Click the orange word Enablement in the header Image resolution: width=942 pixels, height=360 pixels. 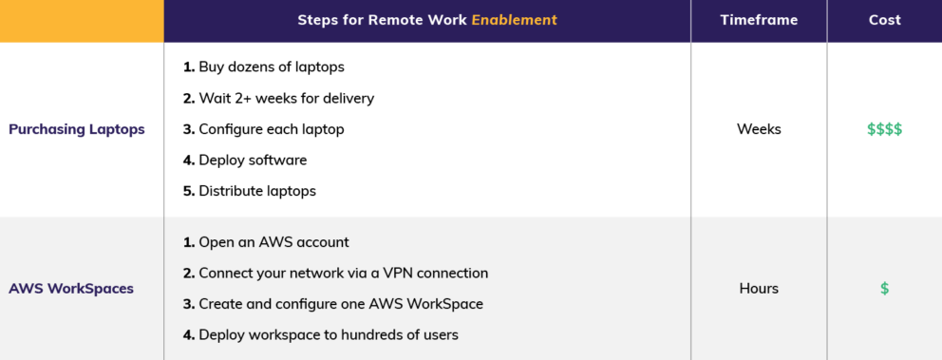coord(514,20)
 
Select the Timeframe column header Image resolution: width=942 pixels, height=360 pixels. coord(759,20)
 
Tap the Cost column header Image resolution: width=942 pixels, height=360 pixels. coord(884,20)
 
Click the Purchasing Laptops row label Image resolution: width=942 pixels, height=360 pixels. coord(77,129)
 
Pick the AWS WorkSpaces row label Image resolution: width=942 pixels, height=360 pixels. coord(71,288)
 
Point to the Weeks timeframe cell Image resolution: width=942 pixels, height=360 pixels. coord(759,129)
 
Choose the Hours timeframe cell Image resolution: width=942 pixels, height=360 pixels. coord(759,288)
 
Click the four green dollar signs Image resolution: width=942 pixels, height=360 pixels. coord(884,129)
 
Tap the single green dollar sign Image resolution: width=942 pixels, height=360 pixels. coord(884,289)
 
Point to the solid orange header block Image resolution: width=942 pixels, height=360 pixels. coord(82,21)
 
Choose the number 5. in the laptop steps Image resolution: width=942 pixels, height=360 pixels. coord(189,191)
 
